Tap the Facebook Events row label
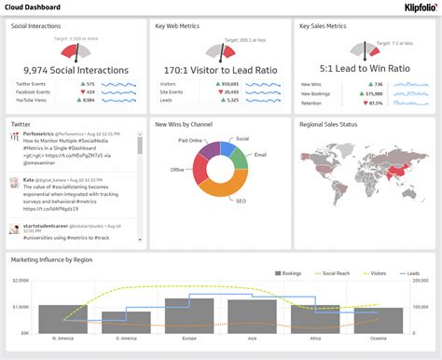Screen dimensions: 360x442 (34, 91)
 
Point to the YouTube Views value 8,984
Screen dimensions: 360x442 (89, 100)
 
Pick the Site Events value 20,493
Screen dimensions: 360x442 (232, 91)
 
